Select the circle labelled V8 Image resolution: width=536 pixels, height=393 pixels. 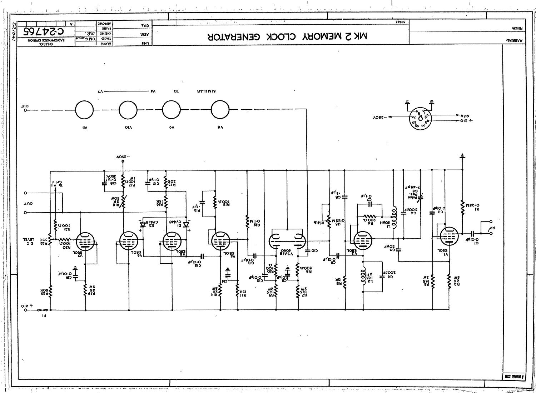click(x=220, y=110)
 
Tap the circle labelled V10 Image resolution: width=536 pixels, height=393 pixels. click(x=128, y=110)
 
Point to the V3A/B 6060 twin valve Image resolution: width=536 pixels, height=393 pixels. click(x=287, y=240)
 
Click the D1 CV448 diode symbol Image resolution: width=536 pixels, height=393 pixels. click(x=186, y=225)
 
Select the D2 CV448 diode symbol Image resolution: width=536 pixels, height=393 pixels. click(x=143, y=225)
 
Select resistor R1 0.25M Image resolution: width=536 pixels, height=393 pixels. click(x=462, y=206)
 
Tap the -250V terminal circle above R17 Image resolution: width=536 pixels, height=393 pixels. click(x=123, y=161)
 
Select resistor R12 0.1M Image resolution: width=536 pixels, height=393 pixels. click(x=247, y=221)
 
